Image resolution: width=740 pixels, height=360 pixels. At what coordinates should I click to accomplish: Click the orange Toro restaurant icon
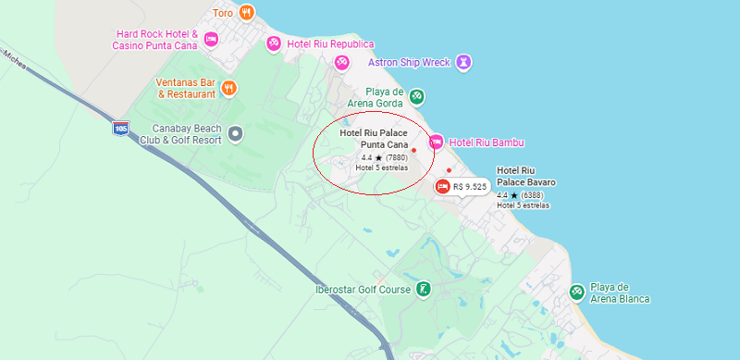(x=246, y=13)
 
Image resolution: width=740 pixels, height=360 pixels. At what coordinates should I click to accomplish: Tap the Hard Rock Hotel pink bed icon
(x=211, y=39)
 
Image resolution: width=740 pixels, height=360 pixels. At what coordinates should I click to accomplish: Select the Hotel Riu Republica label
(x=330, y=43)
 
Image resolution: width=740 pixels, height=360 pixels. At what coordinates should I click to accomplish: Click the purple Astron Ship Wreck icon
(x=464, y=62)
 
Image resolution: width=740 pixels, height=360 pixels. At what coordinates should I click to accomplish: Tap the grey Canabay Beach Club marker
(x=235, y=133)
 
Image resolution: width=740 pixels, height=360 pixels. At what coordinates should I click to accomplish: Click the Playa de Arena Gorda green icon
(x=417, y=96)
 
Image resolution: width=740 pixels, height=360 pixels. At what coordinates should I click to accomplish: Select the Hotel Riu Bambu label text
(x=487, y=142)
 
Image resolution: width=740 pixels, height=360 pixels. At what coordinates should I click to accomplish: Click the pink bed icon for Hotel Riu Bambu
(x=436, y=142)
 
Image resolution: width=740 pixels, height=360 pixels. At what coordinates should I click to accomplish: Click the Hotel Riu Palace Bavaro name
(x=525, y=176)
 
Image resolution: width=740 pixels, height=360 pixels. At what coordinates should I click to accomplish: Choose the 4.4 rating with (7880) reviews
(x=384, y=157)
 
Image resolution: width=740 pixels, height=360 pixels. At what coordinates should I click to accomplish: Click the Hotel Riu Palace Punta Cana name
(x=374, y=139)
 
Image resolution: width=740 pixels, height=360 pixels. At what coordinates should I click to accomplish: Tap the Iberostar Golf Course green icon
(x=423, y=289)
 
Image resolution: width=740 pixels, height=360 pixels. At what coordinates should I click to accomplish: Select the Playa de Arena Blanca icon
(x=577, y=292)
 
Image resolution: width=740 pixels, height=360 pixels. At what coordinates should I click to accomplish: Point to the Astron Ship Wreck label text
(x=409, y=62)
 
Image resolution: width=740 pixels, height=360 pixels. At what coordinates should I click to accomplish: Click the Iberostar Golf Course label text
(x=362, y=289)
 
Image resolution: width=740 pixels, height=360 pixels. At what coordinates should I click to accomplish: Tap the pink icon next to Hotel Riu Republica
(x=274, y=43)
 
